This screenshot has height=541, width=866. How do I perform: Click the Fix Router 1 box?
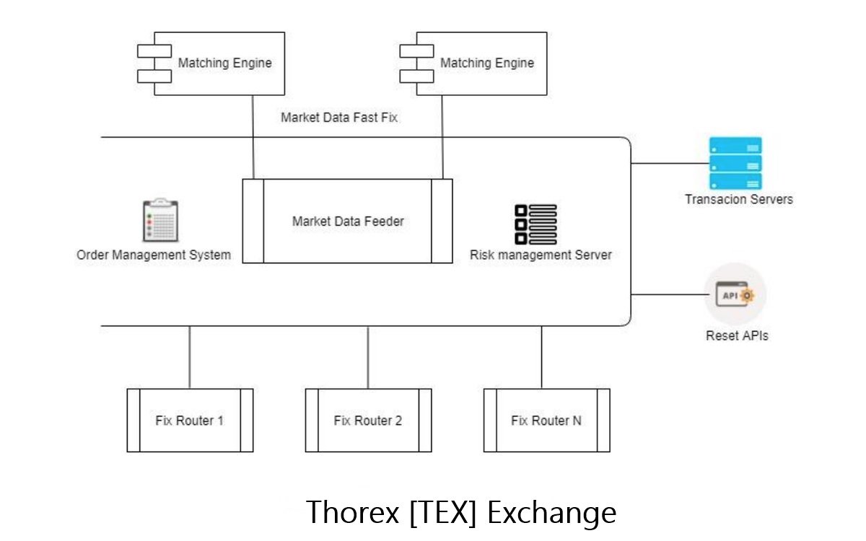[190, 421]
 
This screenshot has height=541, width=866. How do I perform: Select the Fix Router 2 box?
[368, 421]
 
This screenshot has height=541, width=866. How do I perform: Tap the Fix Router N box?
[546, 421]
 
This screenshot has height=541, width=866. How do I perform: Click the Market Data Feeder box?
[347, 221]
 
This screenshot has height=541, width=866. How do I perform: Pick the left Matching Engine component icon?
[154, 63]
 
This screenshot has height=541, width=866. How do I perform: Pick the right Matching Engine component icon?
[416, 63]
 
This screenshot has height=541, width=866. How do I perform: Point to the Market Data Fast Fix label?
[338, 118]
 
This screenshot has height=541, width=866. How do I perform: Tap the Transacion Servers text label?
[738, 199]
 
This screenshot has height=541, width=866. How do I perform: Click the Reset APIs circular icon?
[735, 295]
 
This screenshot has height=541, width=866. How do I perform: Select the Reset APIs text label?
[737, 336]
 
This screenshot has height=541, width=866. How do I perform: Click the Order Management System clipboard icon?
[159, 220]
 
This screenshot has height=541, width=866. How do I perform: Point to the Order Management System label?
[154, 255]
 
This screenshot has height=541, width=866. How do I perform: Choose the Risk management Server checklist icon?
[535, 224]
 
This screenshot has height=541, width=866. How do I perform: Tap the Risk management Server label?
[541, 255]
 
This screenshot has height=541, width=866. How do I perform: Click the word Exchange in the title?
[551, 513]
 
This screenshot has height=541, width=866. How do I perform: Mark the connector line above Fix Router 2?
[368, 357]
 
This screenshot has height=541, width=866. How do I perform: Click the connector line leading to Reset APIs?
[668, 295]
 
